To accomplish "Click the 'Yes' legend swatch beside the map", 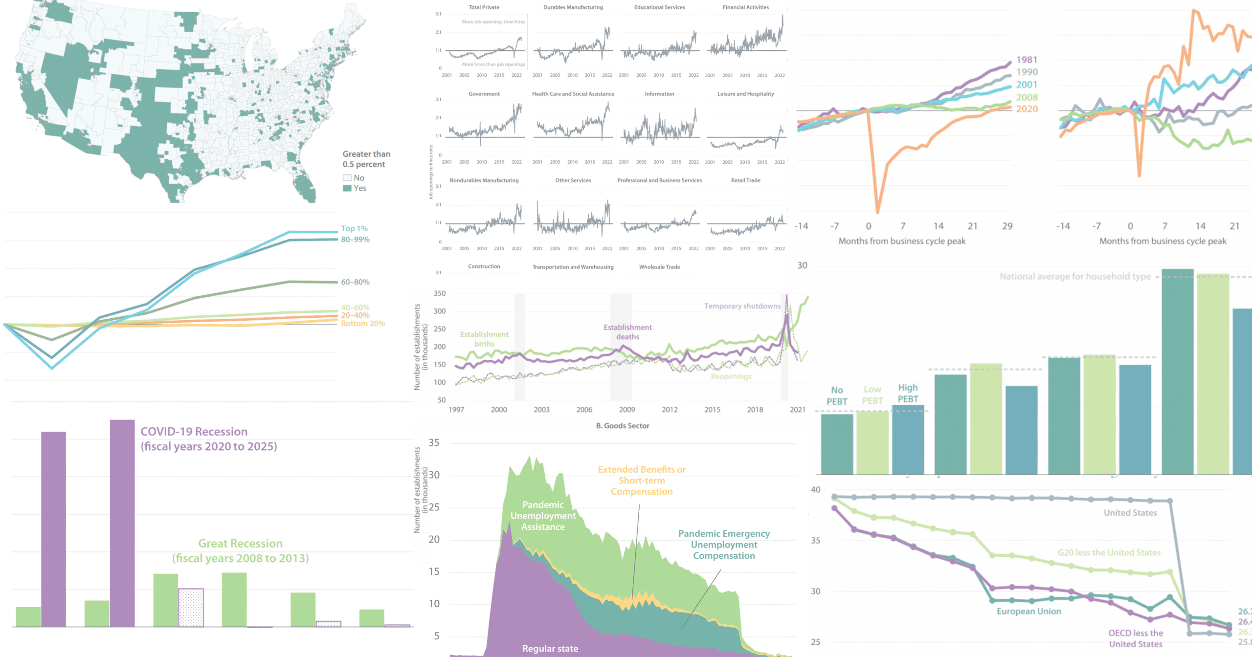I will [347, 188].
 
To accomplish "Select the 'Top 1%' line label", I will [354, 228].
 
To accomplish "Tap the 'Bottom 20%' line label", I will [363, 324].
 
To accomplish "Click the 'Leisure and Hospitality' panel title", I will [745, 94].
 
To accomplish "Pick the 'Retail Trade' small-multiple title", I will [745, 180].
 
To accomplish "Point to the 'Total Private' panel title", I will [484, 7].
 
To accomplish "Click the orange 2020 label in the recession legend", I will [1027, 109].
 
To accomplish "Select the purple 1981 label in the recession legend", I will [1027, 60].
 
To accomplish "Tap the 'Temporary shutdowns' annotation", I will [742, 306].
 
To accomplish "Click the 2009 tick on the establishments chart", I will [627, 410].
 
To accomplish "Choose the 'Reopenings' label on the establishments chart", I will [731, 376].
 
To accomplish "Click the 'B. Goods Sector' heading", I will [623, 426].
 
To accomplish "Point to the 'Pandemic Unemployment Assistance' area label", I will [543, 516].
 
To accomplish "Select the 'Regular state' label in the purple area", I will [550, 649].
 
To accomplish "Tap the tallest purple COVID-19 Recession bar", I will [122, 523].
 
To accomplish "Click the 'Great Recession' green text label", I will [240, 544].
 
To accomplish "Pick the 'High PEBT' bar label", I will [908, 393].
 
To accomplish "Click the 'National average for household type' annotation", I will [1075, 277].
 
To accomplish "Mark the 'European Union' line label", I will [1029, 612].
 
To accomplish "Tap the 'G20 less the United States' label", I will [1109, 553].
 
